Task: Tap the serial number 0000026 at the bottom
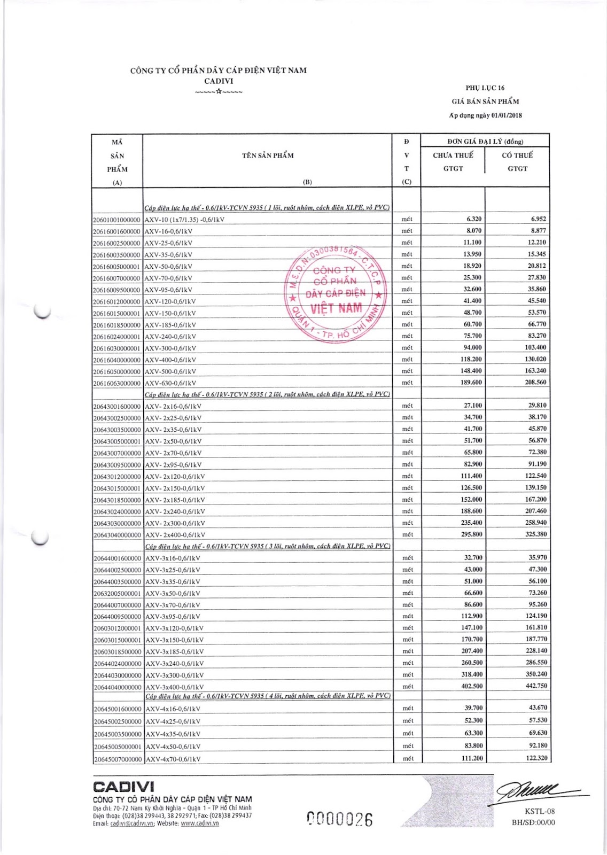tap(340, 819)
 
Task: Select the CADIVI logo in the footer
tap(123, 787)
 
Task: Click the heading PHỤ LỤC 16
tap(485, 88)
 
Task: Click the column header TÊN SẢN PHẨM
tap(268, 156)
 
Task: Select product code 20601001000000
tap(116, 220)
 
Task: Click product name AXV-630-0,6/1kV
tap(170, 383)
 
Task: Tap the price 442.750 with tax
tap(536, 686)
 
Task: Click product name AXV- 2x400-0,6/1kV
tap(175, 535)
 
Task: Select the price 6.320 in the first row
tap(474, 219)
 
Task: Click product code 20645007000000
tap(118, 759)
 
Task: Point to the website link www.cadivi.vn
tap(200, 823)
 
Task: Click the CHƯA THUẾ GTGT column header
tap(453, 161)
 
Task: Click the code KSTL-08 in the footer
tap(540, 811)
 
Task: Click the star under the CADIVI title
tap(219, 91)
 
